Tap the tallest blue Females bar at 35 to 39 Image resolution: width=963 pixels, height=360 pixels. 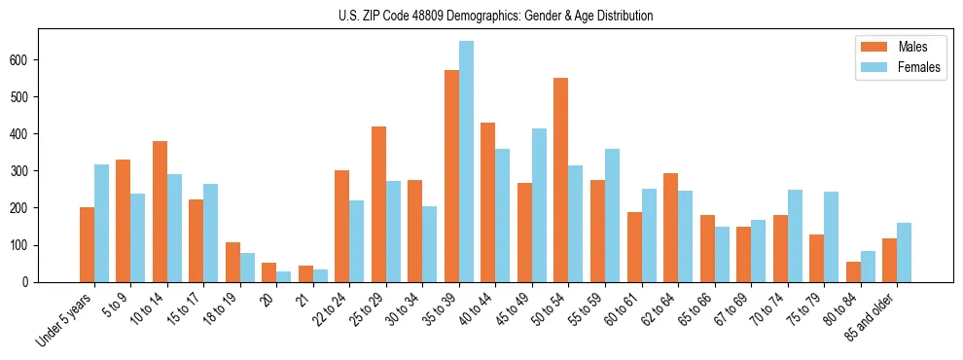466,162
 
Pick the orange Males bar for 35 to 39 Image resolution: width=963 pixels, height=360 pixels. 451,176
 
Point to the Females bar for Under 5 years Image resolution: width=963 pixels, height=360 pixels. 101,223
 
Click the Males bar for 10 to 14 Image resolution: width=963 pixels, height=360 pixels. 160,211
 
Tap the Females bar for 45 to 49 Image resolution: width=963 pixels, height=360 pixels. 539,205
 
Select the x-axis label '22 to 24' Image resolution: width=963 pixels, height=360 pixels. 327,309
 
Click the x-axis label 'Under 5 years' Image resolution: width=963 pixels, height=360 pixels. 66,320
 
